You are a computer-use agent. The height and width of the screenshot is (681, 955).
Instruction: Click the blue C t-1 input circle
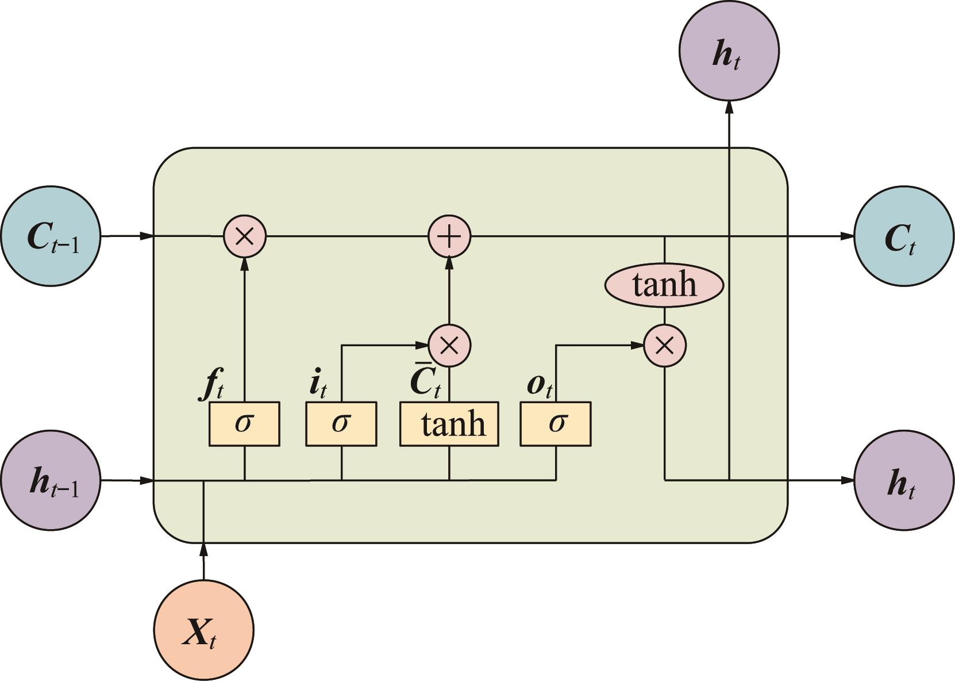(51, 236)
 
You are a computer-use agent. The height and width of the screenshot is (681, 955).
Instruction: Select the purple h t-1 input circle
(51, 480)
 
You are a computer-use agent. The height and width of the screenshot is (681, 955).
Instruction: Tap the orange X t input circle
(203, 631)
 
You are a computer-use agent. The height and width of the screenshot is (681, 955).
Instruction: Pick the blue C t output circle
(904, 236)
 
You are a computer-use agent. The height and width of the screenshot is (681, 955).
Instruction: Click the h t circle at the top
(729, 51)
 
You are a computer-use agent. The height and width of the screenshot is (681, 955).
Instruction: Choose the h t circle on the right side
(904, 480)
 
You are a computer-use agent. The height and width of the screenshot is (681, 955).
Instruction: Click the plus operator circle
(449, 236)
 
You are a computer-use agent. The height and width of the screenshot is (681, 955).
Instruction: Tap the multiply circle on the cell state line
(245, 236)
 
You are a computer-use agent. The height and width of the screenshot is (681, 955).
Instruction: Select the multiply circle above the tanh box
(449, 346)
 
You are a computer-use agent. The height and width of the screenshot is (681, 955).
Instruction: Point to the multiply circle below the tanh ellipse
(664, 346)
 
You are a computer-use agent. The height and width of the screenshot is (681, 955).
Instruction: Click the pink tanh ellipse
(664, 285)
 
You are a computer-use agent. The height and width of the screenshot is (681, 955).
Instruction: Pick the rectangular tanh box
(449, 424)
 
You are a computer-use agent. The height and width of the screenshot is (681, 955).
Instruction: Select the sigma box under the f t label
(244, 424)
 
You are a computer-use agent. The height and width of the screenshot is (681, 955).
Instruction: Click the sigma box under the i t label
(341, 424)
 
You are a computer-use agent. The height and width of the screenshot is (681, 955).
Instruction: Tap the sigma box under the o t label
(556, 424)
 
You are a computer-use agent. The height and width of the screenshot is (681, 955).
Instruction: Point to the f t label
(211, 385)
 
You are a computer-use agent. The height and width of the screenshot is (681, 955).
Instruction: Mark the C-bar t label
(425, 381)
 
